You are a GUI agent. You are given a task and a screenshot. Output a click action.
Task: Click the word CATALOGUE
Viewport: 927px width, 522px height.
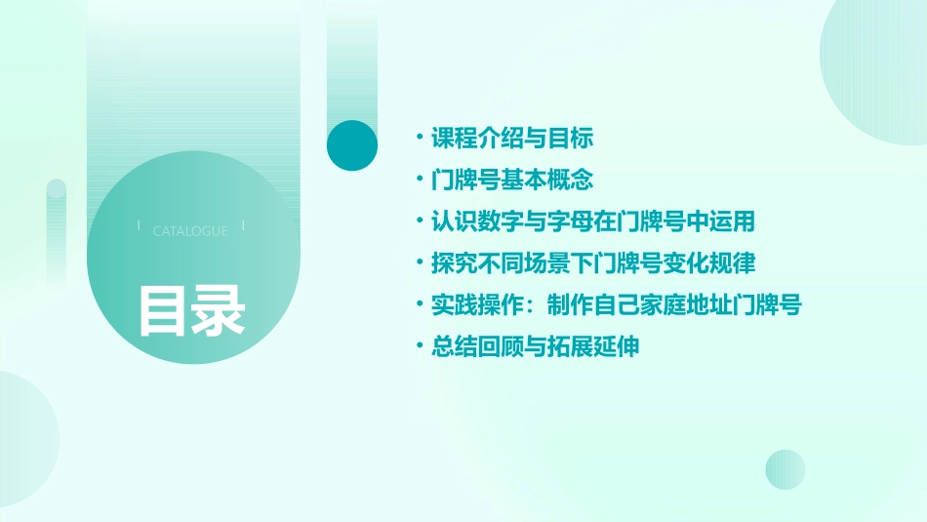coord(190,231)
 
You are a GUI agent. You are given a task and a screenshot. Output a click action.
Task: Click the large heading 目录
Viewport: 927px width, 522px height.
coord(191,310)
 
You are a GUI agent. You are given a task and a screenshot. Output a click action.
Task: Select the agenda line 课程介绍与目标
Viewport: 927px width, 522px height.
coord(512,139)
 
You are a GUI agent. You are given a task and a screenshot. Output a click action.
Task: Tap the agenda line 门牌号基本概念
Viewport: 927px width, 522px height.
coord(512,181)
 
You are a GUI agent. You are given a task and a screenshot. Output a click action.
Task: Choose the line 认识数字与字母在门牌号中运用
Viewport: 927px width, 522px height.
coord(593,221)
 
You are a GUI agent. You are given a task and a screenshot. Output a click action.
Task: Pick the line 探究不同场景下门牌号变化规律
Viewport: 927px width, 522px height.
coord(593,263)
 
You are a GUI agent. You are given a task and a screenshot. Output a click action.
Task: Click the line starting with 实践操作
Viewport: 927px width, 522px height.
coord(616,304)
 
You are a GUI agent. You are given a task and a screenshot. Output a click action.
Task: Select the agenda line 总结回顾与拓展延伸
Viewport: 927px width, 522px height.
coord(536,346)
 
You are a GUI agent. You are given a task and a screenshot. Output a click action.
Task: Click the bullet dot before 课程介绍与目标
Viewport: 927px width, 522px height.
coord(419,139)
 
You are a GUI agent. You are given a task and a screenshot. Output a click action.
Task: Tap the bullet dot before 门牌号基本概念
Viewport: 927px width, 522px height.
coord(419,181)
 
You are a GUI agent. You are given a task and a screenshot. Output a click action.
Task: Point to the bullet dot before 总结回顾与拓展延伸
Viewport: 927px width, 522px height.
coord(419,346)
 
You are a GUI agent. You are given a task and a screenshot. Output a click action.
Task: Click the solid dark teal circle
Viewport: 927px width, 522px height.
coord(352,145)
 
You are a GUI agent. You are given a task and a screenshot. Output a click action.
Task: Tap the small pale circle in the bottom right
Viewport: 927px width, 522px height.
coord(786,469)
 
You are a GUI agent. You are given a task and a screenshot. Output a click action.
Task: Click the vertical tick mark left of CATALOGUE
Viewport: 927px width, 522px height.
coord(140,225)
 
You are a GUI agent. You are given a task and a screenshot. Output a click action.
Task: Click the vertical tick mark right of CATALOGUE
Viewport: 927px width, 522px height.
coord(243,225)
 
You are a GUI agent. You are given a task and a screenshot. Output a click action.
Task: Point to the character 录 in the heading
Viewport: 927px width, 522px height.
coord(219,310)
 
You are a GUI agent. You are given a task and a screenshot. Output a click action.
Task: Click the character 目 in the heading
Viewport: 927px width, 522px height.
coord(163,310)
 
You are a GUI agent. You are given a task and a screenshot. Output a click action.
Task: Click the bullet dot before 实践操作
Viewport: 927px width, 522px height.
coord(419,304)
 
